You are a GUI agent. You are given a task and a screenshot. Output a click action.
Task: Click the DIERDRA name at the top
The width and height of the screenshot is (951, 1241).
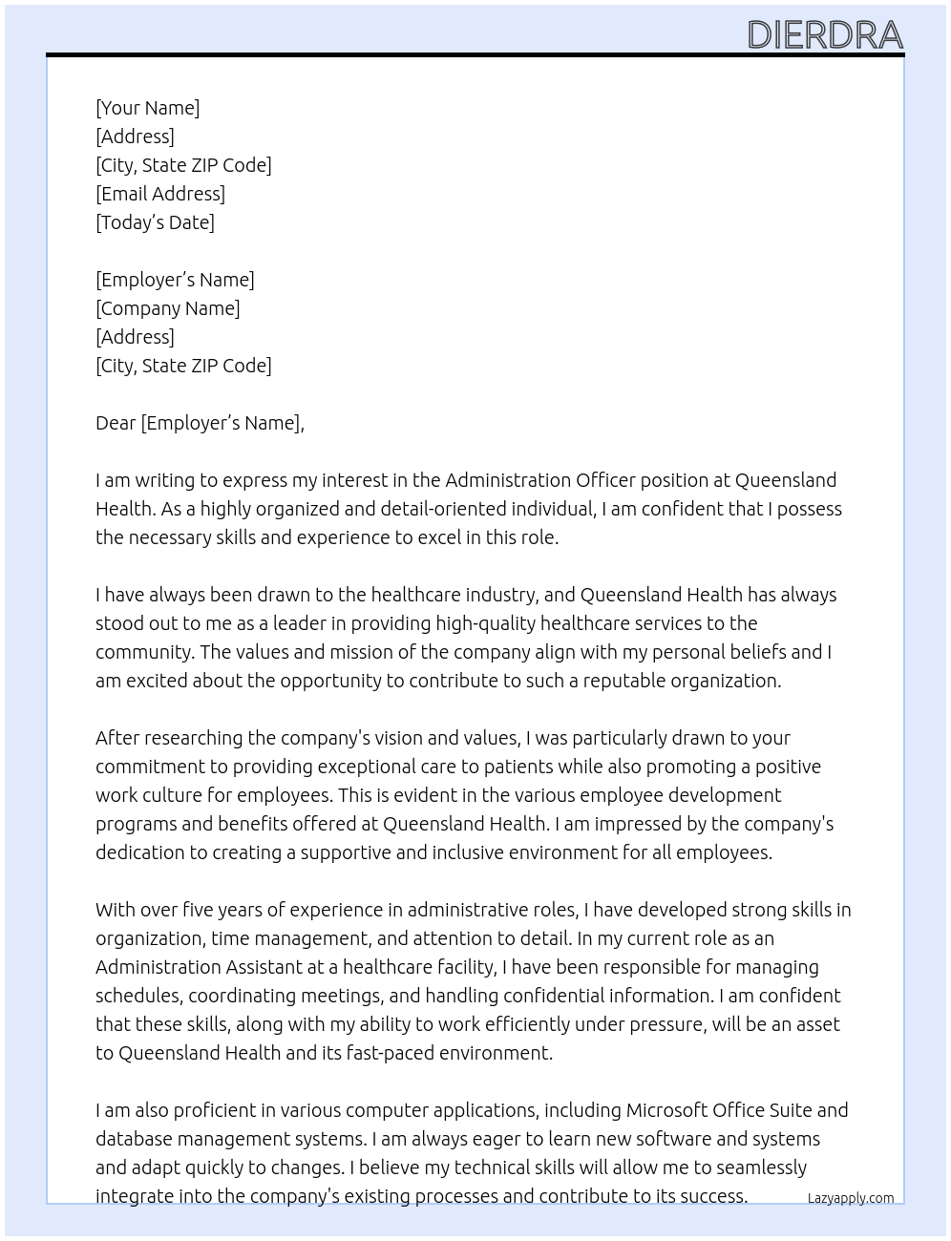[825, 35]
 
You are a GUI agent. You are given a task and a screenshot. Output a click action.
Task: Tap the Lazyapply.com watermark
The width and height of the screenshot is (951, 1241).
[850, 1198]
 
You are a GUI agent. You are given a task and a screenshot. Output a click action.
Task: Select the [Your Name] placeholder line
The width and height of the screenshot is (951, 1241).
[148, 108]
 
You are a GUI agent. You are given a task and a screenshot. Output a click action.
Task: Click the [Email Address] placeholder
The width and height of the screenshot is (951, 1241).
[160, 194]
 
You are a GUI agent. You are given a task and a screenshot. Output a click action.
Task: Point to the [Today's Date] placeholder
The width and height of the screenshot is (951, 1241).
[155, 222]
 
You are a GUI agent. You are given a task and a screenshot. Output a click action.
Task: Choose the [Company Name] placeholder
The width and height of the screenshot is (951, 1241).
[168, 308]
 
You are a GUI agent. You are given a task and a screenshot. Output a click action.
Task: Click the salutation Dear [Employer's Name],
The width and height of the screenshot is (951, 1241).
[200, 423]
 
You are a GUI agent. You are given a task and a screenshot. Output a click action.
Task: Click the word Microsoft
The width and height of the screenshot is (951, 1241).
[670, 1110]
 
